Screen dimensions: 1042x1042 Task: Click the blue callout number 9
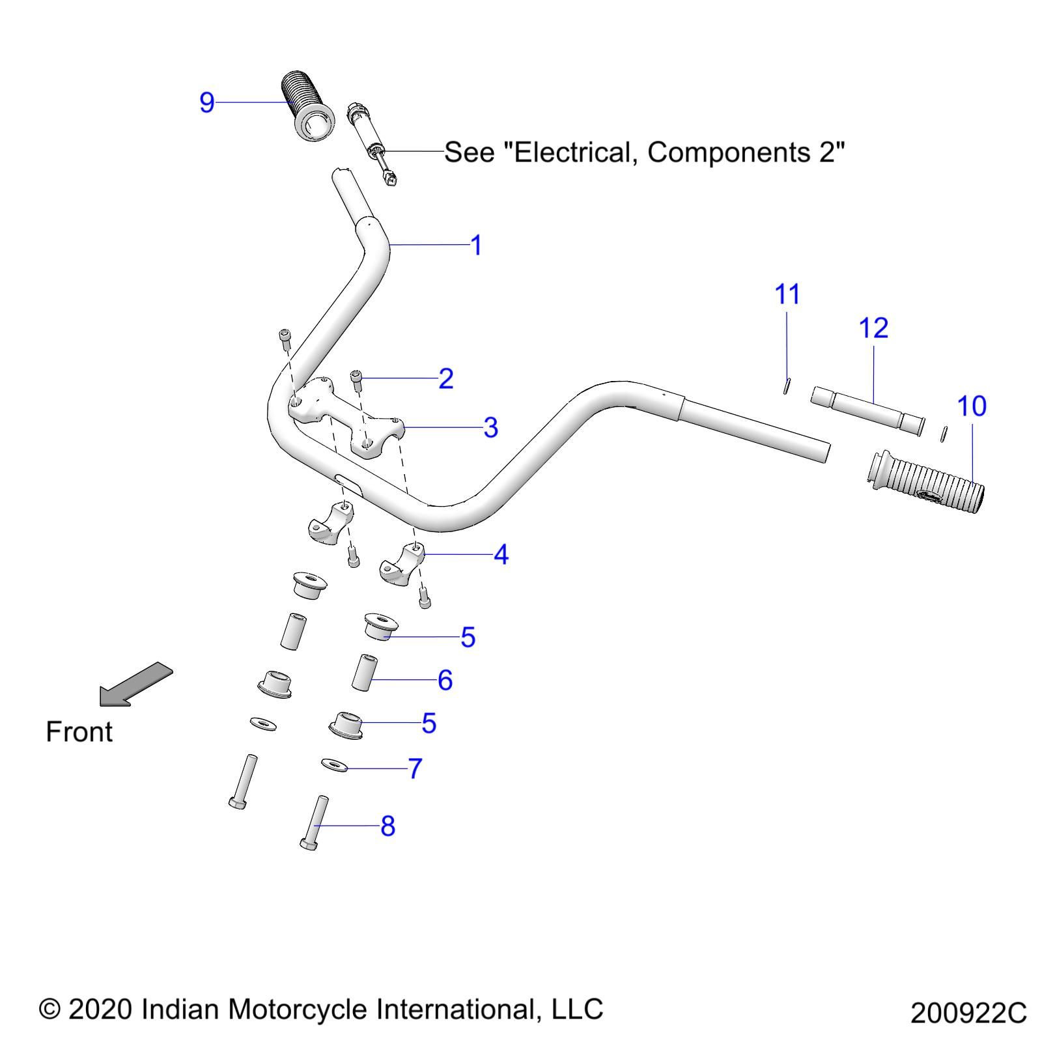[206, 102]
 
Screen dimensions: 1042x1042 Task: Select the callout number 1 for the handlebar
[476, 246]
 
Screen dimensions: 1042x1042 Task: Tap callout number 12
[873, 328]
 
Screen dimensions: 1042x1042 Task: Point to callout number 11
[787, 294]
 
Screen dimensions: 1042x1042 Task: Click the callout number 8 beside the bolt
[387, 826]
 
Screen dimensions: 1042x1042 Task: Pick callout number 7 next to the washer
[415, 768]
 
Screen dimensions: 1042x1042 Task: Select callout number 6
[445, 680]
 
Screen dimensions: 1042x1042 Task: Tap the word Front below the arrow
[79, 732]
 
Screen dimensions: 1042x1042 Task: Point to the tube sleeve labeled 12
[867, 411]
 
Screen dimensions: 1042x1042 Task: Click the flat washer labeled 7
[335, 765]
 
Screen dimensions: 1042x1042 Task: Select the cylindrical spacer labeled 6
[364, 672]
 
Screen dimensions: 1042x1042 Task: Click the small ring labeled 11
[787, 386]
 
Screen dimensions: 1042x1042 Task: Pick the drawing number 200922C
[968, 1013]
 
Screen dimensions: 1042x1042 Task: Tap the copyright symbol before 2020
[49, 1009]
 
